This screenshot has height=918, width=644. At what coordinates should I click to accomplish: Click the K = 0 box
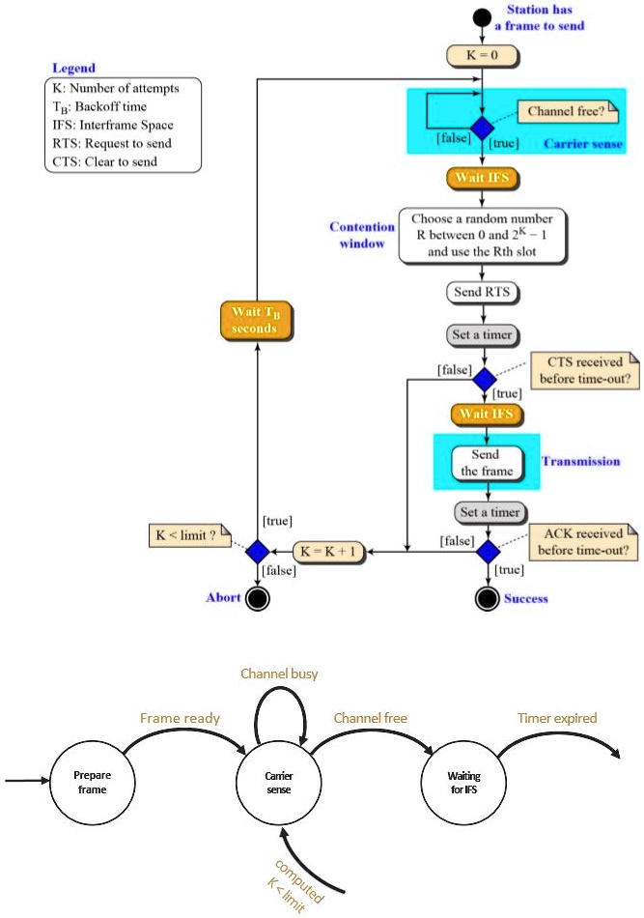483,56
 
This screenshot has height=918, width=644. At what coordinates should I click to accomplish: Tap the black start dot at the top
483,17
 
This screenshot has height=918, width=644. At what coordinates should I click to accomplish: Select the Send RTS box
483,292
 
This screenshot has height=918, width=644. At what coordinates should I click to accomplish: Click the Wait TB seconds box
255,321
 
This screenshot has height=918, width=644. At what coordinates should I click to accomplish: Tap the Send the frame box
486,462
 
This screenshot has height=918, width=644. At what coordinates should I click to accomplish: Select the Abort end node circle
257,598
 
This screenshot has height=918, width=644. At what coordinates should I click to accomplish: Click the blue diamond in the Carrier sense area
483,129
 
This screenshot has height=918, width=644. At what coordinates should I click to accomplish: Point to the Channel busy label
280,674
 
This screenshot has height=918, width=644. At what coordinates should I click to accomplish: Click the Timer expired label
557,718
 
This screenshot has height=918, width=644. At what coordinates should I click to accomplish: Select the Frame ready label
180,718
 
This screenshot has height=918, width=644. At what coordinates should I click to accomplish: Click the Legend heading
73,69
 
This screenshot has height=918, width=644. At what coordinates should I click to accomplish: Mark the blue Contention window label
362,236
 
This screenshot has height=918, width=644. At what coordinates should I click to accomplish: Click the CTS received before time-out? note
585,371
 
